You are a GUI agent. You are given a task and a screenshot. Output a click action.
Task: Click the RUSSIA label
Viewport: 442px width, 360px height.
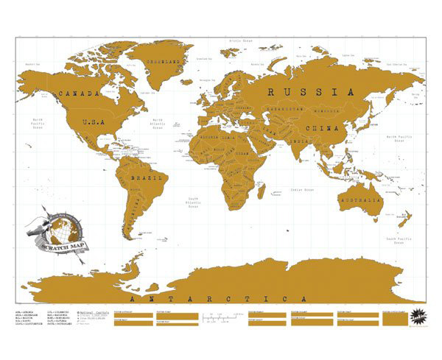tap(305, 92)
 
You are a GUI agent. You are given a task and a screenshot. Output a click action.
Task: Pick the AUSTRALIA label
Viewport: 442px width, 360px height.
tap(360, 199)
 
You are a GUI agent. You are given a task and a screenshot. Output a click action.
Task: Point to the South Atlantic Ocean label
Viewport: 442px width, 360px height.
tap(193, 202)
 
